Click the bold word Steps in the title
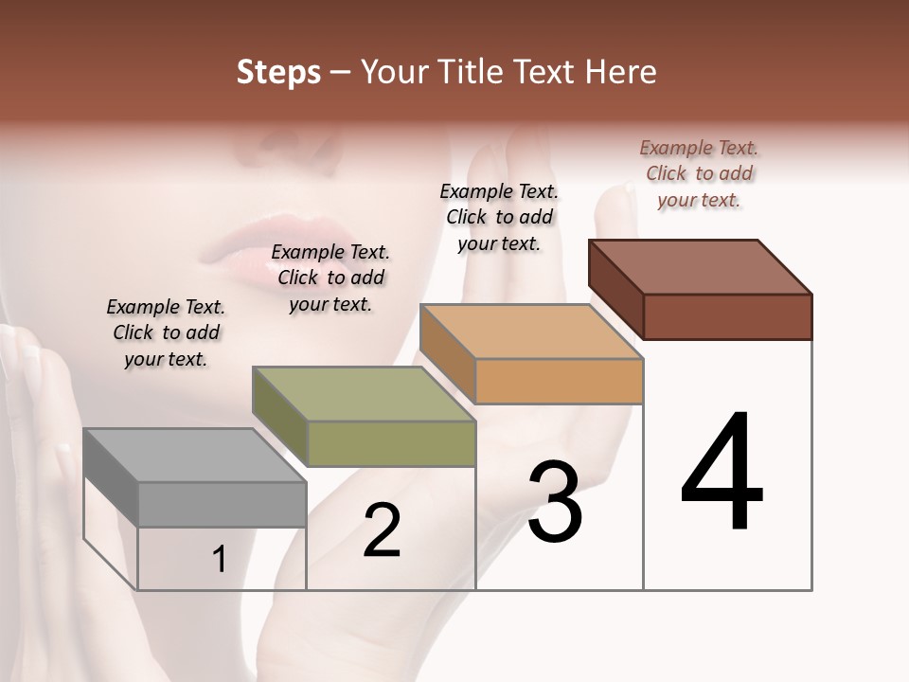[x=278, y=72]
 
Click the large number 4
[x=722, y=473]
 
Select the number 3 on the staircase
[x=554, y=501]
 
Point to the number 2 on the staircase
[x=382, y=530]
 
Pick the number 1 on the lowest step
[x=219, y=560]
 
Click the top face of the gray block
[x=194, y=456]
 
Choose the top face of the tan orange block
[x=531, y=332]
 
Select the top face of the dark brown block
[x=700, y=266]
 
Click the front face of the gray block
[x=223, y=504]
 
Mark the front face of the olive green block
[x=391, y=443]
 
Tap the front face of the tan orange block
[x=559, y=382]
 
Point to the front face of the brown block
[x=727, y=316]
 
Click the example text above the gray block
[x=166, y=332]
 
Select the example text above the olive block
[x=330, y=278]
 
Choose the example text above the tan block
[x=499, y=217]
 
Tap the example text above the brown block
[x=699, y=173]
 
